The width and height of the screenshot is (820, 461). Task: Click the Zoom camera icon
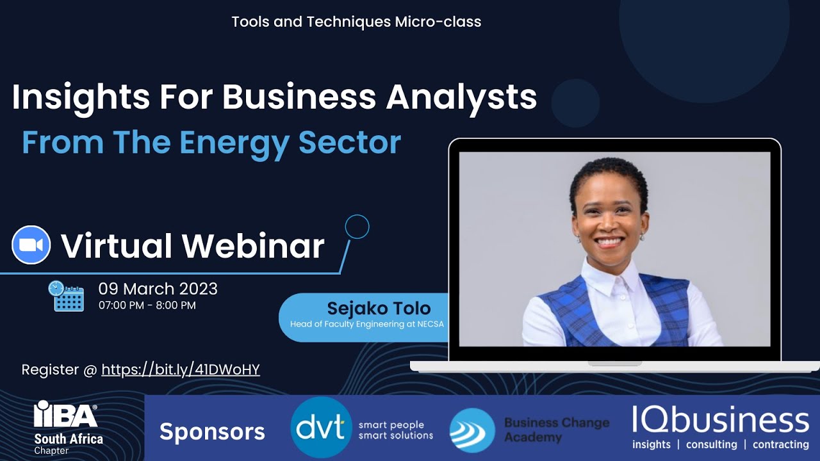click(31, 245)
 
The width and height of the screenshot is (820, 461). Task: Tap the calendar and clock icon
click(66, 296)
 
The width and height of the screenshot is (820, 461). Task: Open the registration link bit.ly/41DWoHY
click(181, 369)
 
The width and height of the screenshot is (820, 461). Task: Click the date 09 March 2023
click(158, 289)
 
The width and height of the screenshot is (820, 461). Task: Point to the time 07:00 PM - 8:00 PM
click(147, 305)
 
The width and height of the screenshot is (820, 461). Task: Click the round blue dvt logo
click(320, 427)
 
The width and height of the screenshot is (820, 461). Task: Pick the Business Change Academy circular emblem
click(472, 430)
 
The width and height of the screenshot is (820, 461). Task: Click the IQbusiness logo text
click(720, 420)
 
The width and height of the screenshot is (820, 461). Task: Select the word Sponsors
click(212, 432)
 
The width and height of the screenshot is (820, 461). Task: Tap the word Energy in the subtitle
click(234, 142)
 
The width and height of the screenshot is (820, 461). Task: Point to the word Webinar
click(253, 246)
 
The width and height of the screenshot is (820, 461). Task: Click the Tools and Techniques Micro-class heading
click(356, 22)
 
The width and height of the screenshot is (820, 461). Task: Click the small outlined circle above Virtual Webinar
click(357, 227)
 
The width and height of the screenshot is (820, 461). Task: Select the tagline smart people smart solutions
click(395, 430)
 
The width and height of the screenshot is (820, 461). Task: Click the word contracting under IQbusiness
click(780, 444)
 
